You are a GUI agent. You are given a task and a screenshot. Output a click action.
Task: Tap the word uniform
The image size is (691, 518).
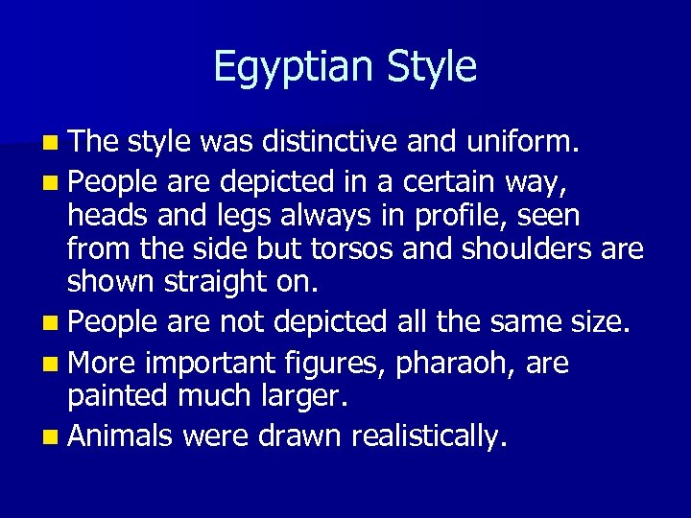522,143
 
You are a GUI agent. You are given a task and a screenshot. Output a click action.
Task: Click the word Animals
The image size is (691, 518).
120,436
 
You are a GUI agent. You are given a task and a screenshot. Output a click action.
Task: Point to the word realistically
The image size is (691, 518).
428,436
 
